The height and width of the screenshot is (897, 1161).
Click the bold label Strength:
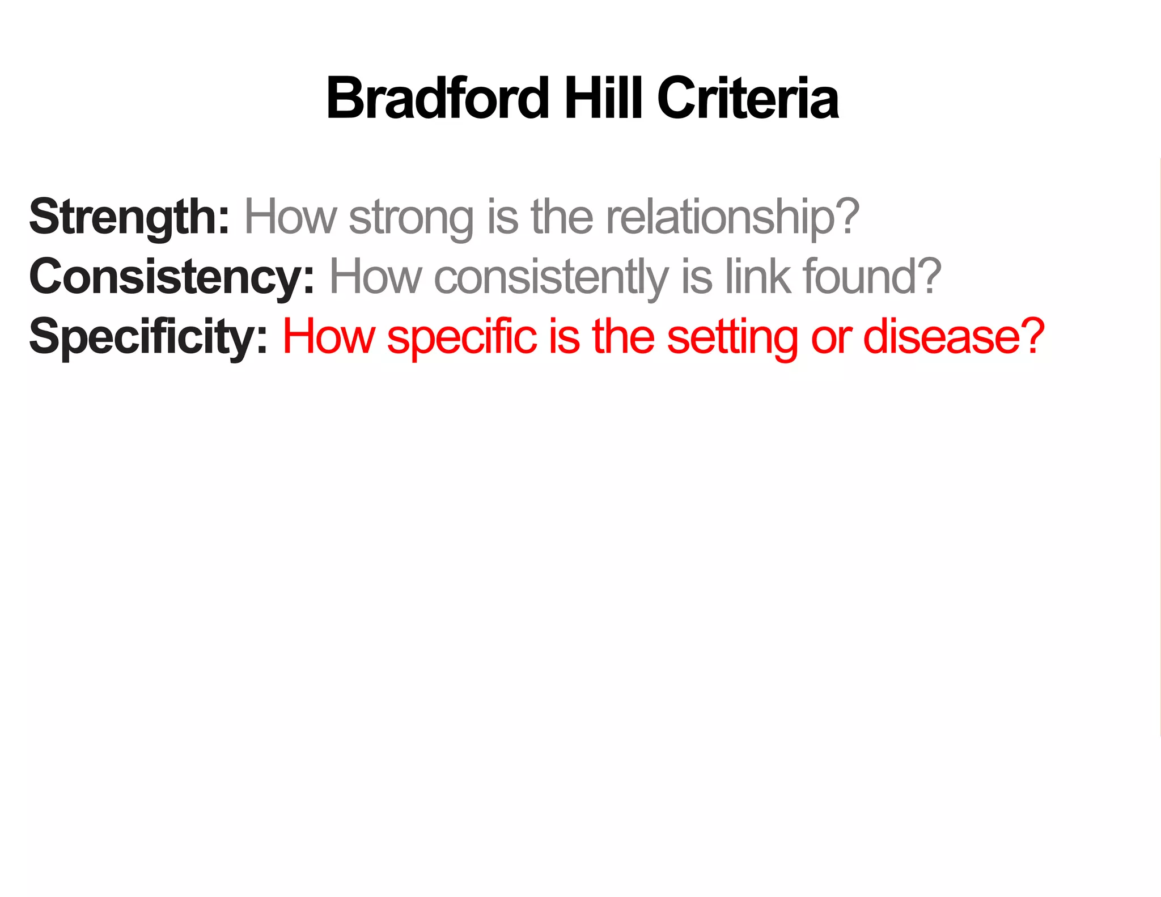[x=129, y=217]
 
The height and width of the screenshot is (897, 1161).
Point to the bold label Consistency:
[x=172, y=277]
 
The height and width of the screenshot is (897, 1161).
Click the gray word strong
[x=412, y=218]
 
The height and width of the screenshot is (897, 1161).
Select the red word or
[x=831, y=339]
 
